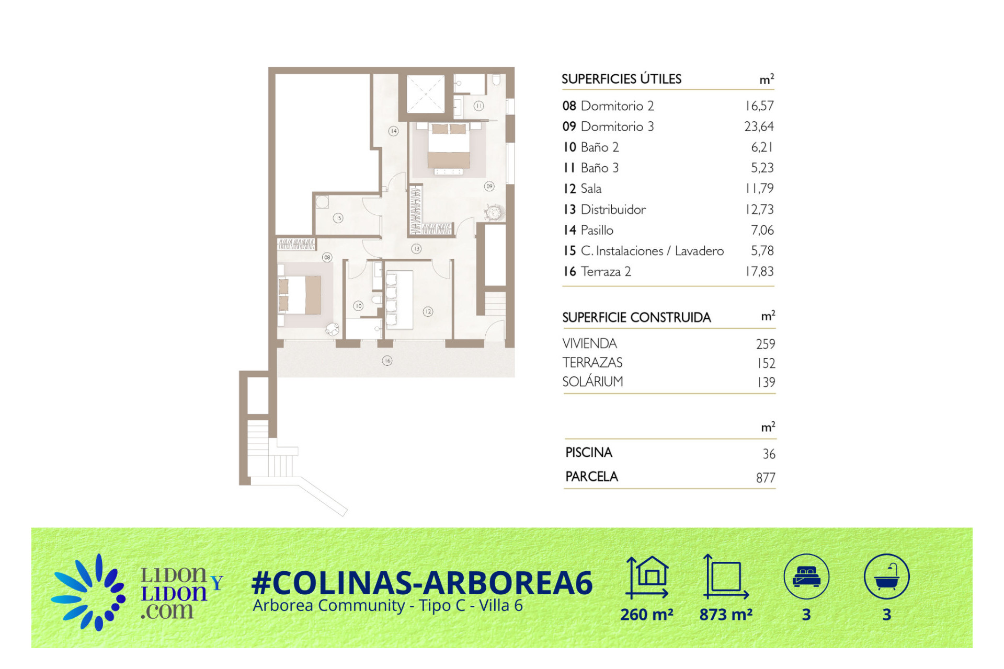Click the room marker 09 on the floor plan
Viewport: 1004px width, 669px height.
489,186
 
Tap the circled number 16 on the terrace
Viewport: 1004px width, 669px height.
387,361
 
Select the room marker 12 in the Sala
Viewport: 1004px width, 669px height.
428,312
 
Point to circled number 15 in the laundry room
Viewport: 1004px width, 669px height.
338,218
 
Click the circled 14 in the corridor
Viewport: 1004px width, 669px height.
393,131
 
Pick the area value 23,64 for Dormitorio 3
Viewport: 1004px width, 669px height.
759,126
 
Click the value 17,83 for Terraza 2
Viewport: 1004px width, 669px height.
759,271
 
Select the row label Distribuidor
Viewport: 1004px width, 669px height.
613,210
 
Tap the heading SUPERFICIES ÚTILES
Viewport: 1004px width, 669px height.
621,79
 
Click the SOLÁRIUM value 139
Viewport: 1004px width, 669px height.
766,382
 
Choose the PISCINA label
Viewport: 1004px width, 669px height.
589,452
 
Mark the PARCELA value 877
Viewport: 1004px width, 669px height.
766,478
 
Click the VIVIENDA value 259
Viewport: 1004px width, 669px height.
766,344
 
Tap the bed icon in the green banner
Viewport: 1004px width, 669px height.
806,576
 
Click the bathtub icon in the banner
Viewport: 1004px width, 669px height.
887,576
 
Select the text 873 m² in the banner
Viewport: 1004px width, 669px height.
726,614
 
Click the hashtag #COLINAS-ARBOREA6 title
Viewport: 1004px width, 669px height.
422,583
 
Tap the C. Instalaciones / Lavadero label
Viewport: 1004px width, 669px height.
652,251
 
